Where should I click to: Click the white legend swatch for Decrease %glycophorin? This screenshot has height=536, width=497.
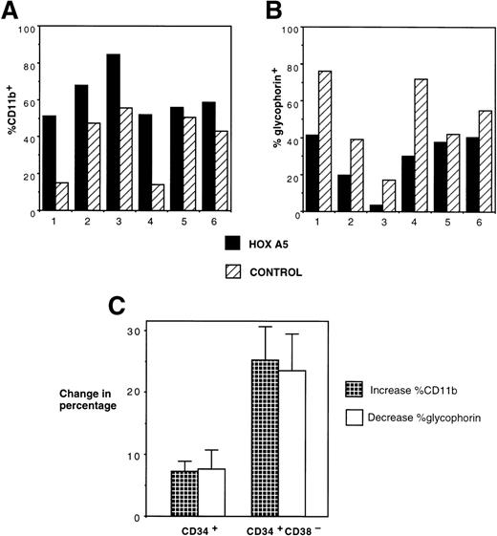pos(357,417)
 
